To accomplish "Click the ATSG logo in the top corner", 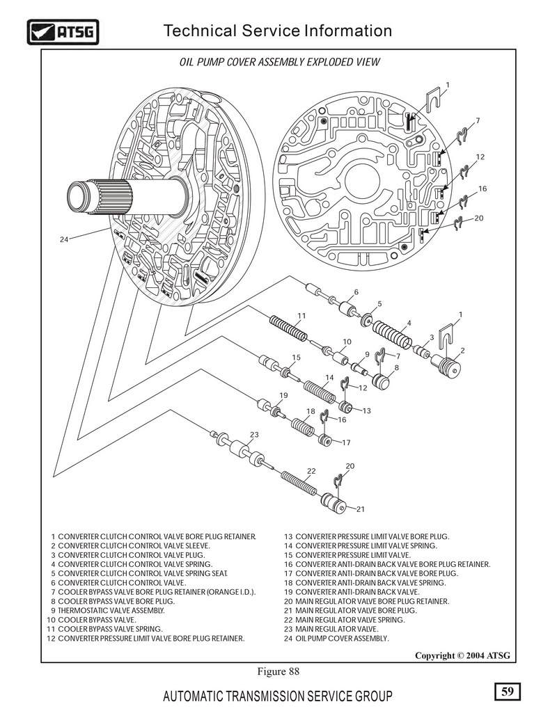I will click(x=62, y=31).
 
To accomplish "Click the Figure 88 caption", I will click(x=278, y=671).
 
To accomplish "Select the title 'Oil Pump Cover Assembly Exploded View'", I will click(x=280, y=62).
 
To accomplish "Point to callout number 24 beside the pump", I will click(x=64, y=239).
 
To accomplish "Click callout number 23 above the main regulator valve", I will click(x=254, y=434).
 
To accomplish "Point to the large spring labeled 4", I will click(x=394, y=335).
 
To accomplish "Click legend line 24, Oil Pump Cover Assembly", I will click(x=337, y=638).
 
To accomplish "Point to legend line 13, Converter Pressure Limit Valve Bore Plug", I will click(x=366, y=536).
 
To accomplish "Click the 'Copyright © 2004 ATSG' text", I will click(x=462, y=655).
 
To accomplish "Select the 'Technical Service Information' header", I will click(x=277, y=31).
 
